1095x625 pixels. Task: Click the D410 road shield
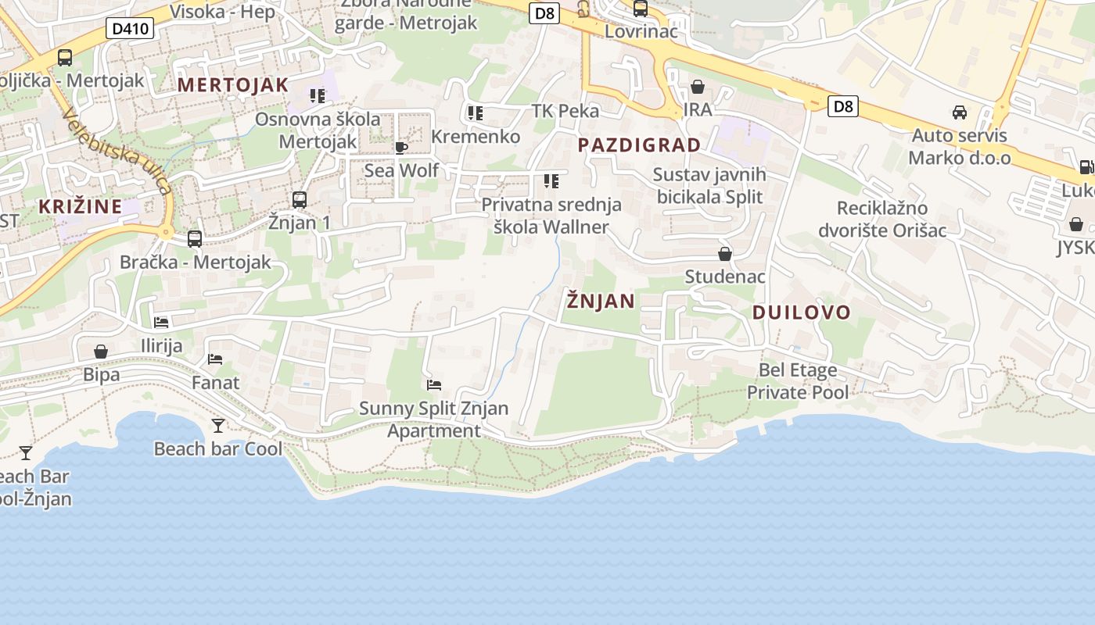(x=130, y=29)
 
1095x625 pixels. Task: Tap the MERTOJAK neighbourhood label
(x=233, y=85)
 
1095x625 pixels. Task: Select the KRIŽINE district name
(x=81, y=207)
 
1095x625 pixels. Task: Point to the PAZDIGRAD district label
(x=639, y=145)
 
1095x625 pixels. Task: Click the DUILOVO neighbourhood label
(x=801, y=312)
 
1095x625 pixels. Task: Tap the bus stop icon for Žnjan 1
(x=300, y=200)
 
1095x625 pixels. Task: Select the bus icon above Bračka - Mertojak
(x=195, y=239)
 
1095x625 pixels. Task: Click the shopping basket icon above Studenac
(x=725, y=254)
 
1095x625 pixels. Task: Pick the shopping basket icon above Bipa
(x=101, y=352)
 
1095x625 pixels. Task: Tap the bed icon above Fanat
(x=215, y=359)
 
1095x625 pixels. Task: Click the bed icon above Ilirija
(x=161, y=322)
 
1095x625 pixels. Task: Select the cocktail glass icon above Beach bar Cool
(x=218, y=426)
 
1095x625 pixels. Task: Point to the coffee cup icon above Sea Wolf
(x=401, y=148)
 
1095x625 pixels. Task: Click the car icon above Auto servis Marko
(x=960, y=112)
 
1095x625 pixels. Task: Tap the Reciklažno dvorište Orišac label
(x=882, y=220)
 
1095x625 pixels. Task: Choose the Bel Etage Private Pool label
(x=798, y=380)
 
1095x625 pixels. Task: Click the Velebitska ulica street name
(x=117, y=152)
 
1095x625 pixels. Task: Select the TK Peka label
(x=565, y=111)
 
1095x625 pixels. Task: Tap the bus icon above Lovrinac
(x=641, y=9)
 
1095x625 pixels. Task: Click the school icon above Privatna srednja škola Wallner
(x=551, y=181)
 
